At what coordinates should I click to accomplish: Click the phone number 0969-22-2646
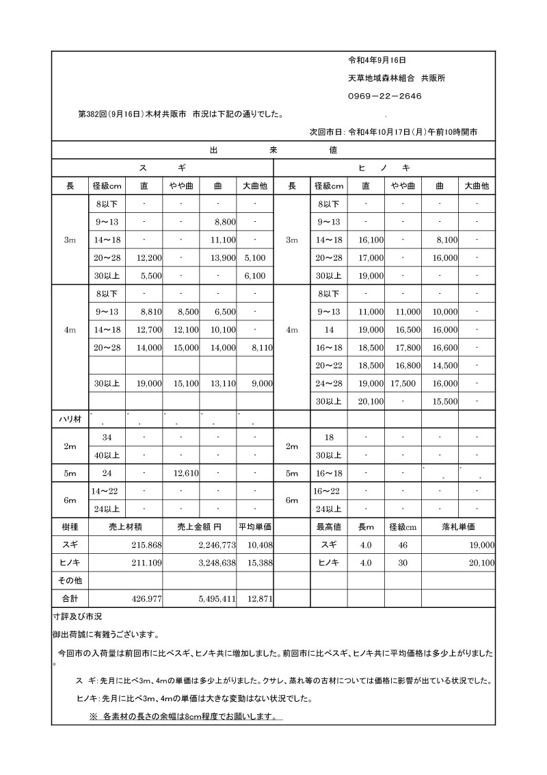pyautogui.click(x=384, y=96)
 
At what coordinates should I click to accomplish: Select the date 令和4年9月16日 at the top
pyautogui.click(x=378, y=60)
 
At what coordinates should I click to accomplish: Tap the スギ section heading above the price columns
pyautogui.click(x=162, y=168)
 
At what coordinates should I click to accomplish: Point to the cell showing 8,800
pyautogui.click(x=225, y=222)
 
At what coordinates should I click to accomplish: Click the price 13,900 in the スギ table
pyautogui.click(x=224, y=257)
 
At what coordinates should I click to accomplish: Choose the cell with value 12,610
pyautogui.click(x=187, y=472)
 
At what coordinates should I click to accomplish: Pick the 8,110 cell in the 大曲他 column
pyautogui.click(x=262, y=348)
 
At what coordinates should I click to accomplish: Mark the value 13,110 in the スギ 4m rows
pyautogui.click(x=224, y=383)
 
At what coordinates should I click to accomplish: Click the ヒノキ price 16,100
pyautogui.click(x=371, y=240)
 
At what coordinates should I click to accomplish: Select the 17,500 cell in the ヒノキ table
pyautogui.click(x=403, y=383)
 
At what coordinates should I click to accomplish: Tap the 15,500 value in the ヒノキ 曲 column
pyautogui.click(x=445, y=401)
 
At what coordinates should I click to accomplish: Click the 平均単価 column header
pyautogui.click(x=255, y=527)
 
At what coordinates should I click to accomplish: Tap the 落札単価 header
pyautogui.click(x=458, y=527)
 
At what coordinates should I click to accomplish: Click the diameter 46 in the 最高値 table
pyautogui.click(x=402, y=545)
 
